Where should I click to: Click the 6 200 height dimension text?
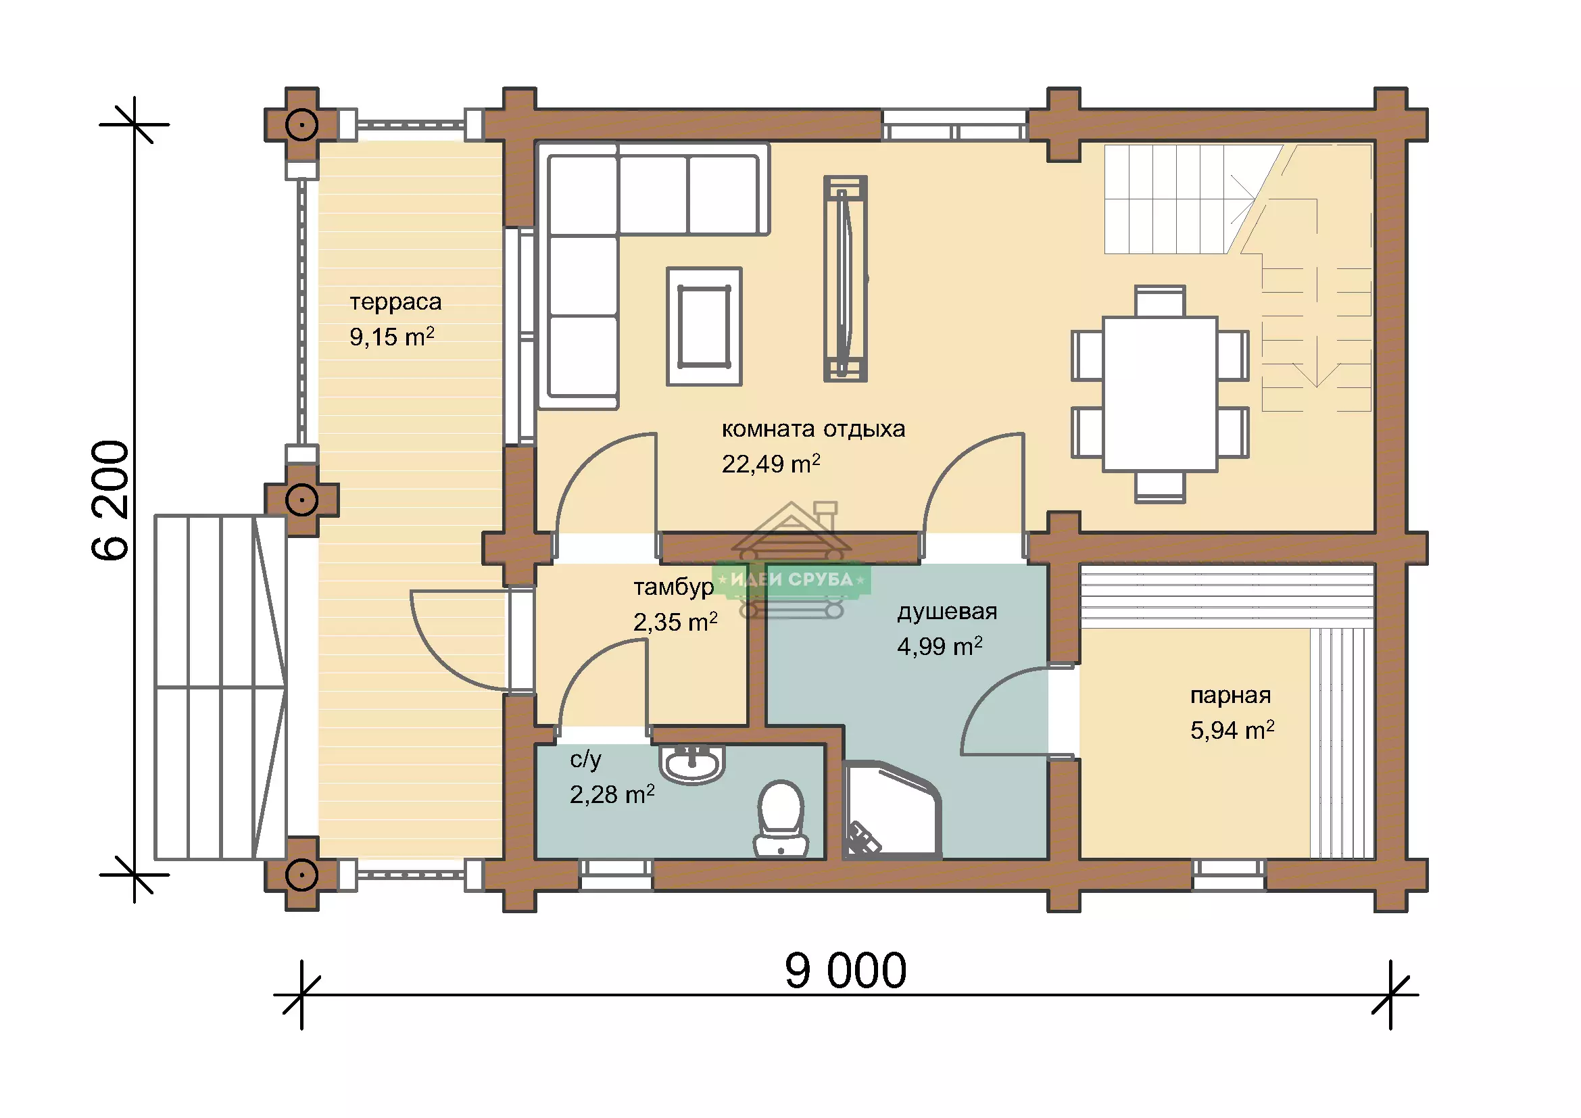click(110, 500)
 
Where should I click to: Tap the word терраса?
click(395, 301)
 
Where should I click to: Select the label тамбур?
click(673, 587)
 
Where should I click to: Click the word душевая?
click(947, 612)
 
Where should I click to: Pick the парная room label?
click(1230, 696)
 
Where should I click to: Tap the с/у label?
click(585, 759)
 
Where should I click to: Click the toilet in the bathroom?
click(781, 818)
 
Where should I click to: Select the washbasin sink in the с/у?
click(692, 763)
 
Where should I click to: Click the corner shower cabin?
click(891, 810)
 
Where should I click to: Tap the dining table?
click(1160, 394)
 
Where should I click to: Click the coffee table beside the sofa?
click(704, 326)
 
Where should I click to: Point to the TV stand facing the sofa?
click(846, 278)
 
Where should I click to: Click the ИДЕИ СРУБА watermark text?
click(792, 580)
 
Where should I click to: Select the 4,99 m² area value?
click(940, 646)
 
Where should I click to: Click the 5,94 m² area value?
click(1232, 730)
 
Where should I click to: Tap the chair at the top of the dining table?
click(1161, 301)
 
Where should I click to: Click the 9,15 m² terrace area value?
click(392, 336)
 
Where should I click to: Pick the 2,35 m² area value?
click(675, 622)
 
